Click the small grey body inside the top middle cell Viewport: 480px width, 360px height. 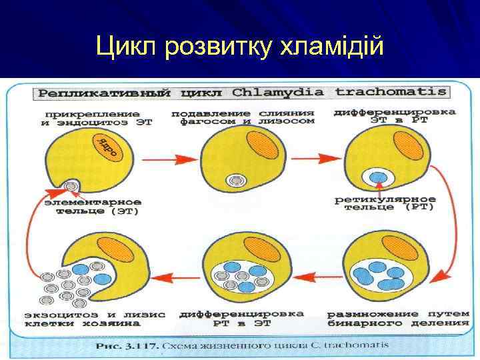coord(235,181)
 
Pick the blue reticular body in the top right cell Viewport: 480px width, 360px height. coord(378,178)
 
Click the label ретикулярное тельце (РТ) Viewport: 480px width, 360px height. coord(385,203)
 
